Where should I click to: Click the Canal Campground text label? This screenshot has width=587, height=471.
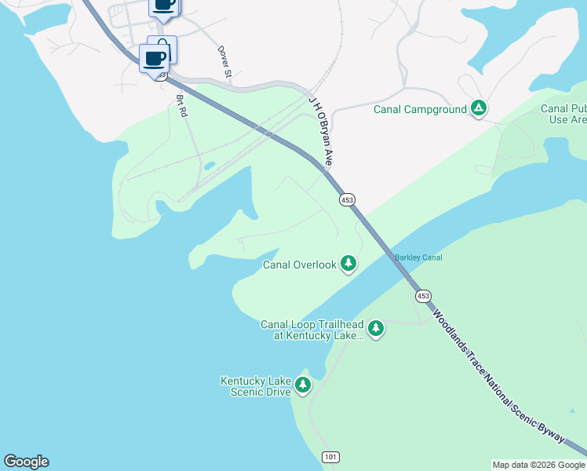coord(420,109)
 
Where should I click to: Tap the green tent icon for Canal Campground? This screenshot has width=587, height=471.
coord(479,108)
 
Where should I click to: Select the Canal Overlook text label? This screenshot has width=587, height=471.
coord(299,265)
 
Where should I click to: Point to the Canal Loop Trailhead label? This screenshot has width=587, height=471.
coord(312,330)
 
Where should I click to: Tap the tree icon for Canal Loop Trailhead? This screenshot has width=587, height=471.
coord(376,327)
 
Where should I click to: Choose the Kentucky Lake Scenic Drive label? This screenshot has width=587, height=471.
coord(255,386)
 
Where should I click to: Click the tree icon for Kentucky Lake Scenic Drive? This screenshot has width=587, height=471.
coord(303,385)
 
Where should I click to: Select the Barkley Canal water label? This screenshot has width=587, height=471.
coord(418,257)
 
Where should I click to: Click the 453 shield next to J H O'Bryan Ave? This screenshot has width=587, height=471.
coord(346,200)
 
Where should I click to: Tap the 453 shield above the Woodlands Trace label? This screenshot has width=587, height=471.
coord(423,295)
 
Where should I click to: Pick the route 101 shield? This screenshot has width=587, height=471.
coord(330,456)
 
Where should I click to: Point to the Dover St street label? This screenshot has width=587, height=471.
coord(225,62)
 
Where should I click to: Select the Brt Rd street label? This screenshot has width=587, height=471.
coord(182,106)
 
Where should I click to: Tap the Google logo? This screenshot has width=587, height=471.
coord(26,462)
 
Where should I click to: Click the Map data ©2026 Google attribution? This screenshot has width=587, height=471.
coord(538,465)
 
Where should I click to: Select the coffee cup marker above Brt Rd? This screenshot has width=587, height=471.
coord(153,57)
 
